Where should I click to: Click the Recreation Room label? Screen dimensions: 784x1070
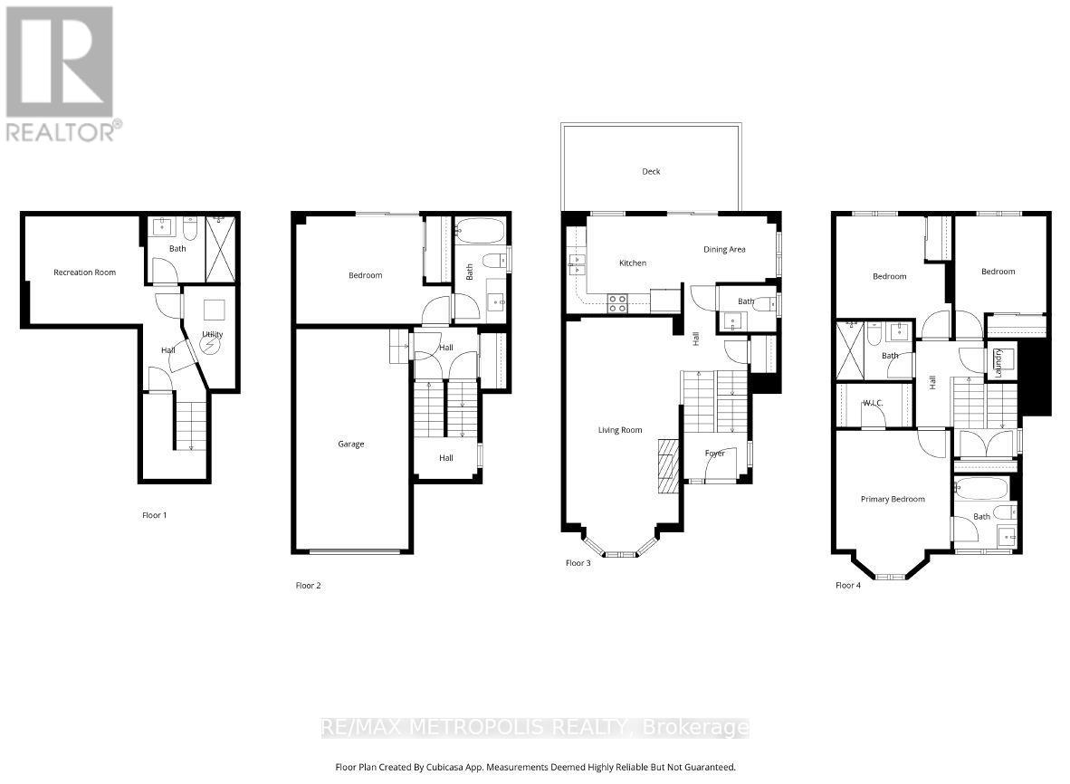84,272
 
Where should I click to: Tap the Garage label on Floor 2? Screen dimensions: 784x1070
351,445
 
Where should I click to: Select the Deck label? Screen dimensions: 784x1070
651,171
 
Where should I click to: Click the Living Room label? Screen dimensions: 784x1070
620,430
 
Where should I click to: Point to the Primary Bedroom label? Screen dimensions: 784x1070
893,499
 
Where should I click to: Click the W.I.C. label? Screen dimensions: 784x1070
874,403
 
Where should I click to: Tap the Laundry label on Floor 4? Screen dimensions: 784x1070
999,360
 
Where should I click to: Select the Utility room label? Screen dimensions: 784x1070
213,334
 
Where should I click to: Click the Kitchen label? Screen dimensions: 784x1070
633,263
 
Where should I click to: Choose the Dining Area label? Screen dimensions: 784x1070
724,249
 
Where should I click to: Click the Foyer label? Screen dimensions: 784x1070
715,453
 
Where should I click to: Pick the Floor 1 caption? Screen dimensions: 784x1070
155,515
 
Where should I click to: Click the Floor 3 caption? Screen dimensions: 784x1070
578,563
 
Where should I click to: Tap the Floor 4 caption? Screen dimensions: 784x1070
848,585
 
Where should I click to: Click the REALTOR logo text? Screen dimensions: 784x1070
60,132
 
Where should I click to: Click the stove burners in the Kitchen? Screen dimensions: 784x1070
617,303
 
